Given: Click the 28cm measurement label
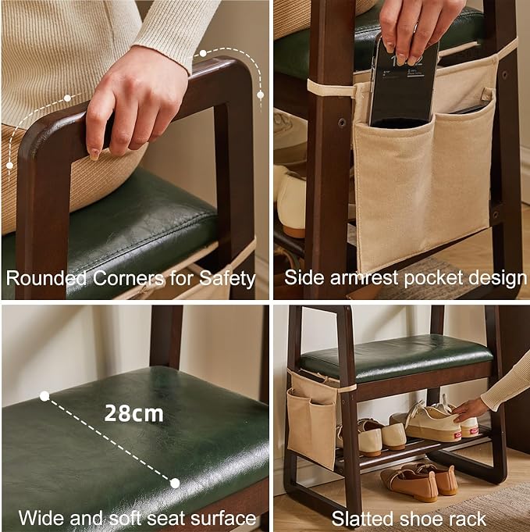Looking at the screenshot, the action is coord(134,413).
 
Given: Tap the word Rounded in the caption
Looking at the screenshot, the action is coord(47,278).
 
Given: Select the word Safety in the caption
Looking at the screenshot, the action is coord(227,279).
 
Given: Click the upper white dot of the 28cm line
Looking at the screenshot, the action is coord(44,396).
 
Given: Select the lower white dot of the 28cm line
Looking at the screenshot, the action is coord(175,483).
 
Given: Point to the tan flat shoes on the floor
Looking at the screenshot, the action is coord(420,481).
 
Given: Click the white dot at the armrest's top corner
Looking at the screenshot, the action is coord(203,53).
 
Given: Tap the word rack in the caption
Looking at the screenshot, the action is coord(470,519).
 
